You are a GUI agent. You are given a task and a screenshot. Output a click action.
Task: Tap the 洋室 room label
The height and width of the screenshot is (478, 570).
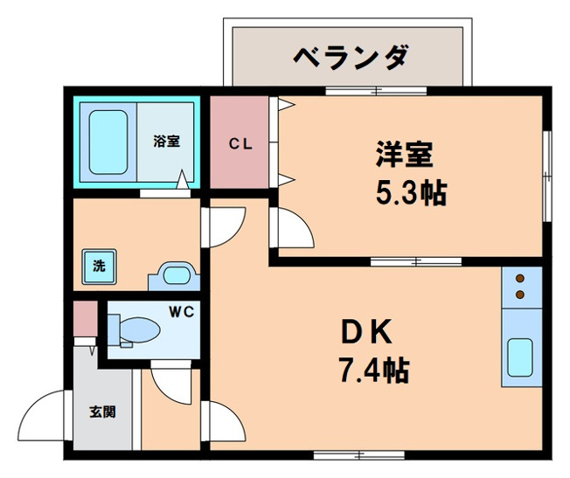[404, 155]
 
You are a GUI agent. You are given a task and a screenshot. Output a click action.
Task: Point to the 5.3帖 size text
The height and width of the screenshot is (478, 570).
[411, 193]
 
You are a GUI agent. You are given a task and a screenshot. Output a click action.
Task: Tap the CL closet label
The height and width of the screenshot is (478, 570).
[241, 144]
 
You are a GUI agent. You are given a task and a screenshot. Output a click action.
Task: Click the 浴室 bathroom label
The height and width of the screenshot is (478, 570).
[166, 141]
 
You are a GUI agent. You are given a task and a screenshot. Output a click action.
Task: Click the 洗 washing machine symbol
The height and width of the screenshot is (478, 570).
[98, 267]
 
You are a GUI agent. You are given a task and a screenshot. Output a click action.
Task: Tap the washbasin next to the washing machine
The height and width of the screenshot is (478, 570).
[176, 277]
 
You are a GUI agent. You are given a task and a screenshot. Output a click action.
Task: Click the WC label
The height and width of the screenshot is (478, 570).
[180, 310]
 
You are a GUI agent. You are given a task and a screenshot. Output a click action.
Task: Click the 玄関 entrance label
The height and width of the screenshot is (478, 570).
[102, 412]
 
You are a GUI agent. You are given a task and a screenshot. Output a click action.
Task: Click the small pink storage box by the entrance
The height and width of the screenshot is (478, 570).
[84, 318]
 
